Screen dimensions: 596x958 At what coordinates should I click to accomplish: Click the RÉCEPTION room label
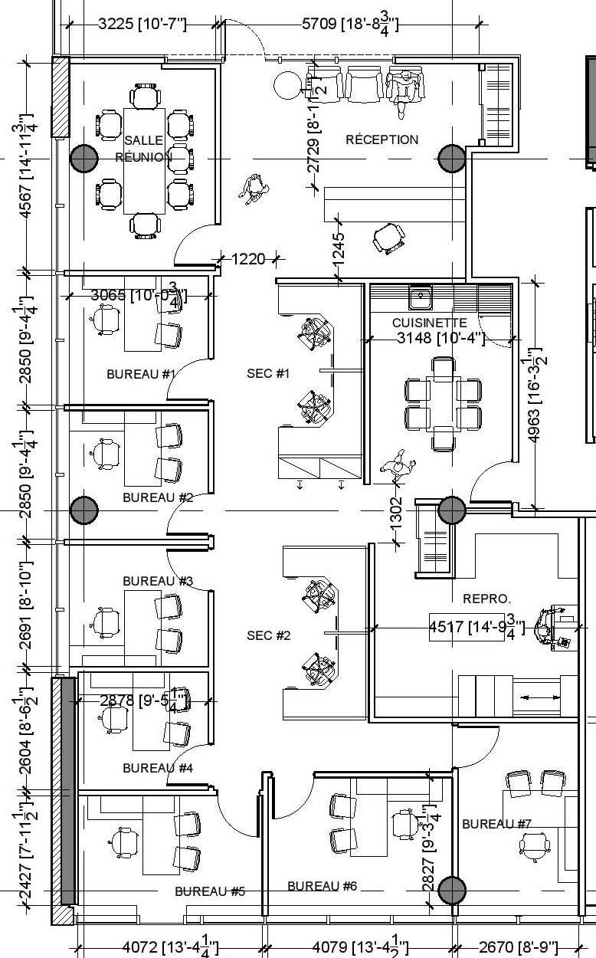click(x=382, y=139)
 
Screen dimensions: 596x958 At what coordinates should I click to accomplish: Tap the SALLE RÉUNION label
click(x=143, y=149)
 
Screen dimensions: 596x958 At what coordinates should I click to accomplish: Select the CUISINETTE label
click(x=429, y=323)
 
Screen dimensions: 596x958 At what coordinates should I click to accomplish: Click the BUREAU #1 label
click(x=141, y=374)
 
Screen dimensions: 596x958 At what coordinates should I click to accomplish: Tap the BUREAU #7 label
click(x=496, y=824)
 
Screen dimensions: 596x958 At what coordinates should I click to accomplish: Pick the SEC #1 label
click(x=268, y=373)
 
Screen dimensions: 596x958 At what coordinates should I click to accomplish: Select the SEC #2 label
click(x=268, y=635)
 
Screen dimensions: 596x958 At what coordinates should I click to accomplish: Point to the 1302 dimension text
click(x=396, y=512)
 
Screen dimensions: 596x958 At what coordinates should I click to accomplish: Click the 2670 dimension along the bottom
click(x=518, y=948)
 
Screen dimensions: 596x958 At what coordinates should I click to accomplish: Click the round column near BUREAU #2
click(x=84, y=510)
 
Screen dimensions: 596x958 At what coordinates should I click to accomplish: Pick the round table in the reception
click(x=288, y=84)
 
